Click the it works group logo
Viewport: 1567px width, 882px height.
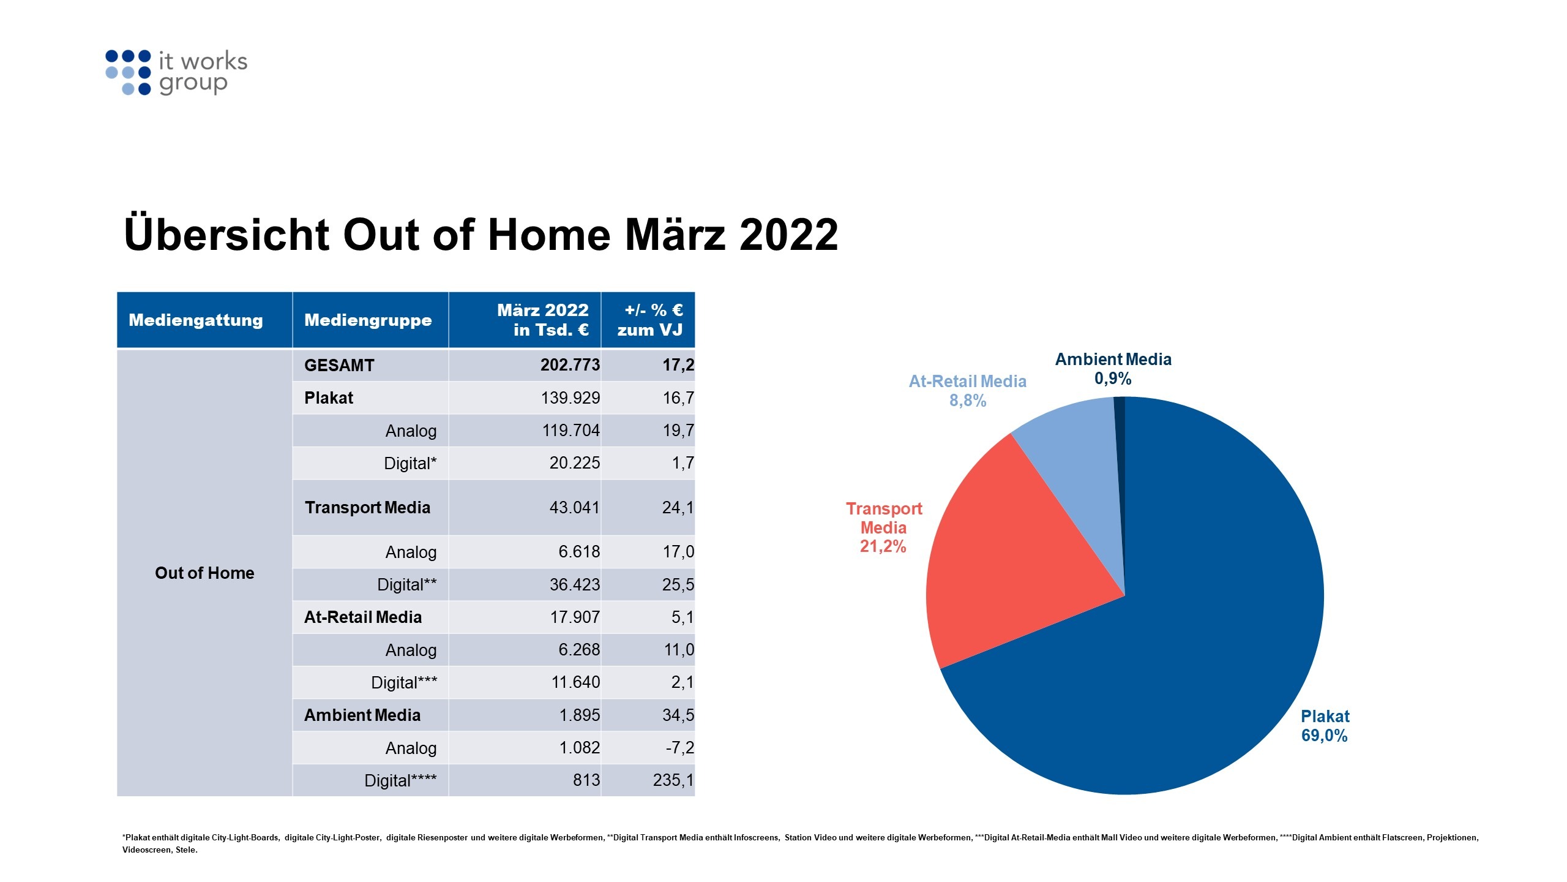pyautogui.click(x=176, y=72)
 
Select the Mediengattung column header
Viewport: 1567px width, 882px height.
pyautogui.click(x=196, y=320)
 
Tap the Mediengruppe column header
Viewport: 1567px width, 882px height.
pyautogui.click(x=368, y=320)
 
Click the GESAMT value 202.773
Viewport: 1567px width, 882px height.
pyautogui.click(x=570, y=365)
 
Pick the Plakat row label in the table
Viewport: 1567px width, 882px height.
pyautogui.click(x=329, y=398)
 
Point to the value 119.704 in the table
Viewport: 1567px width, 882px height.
pyautogui.click(x=570, y=431)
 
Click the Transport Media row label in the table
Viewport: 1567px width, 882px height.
pyautogui.click(x=367, y=508)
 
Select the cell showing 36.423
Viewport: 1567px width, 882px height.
pyautogui.click(x=574, y=584)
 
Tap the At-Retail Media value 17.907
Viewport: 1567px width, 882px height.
pyautogui.click(x=575, y=617)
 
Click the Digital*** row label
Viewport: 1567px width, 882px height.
pyautogui.click(x=404, y=682)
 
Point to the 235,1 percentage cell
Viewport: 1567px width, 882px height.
pyautogui.click(x=673, y=780)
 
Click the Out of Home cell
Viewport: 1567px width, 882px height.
pyautogui.click(x=204, y=573)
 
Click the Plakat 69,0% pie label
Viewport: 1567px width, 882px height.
pyautogui.click(x=1325, y=726)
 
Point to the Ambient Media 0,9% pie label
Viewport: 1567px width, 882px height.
pyautogui.click(x=1113, y=369)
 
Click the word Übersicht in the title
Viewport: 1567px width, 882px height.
pyautogui.click(x=226, y=235)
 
